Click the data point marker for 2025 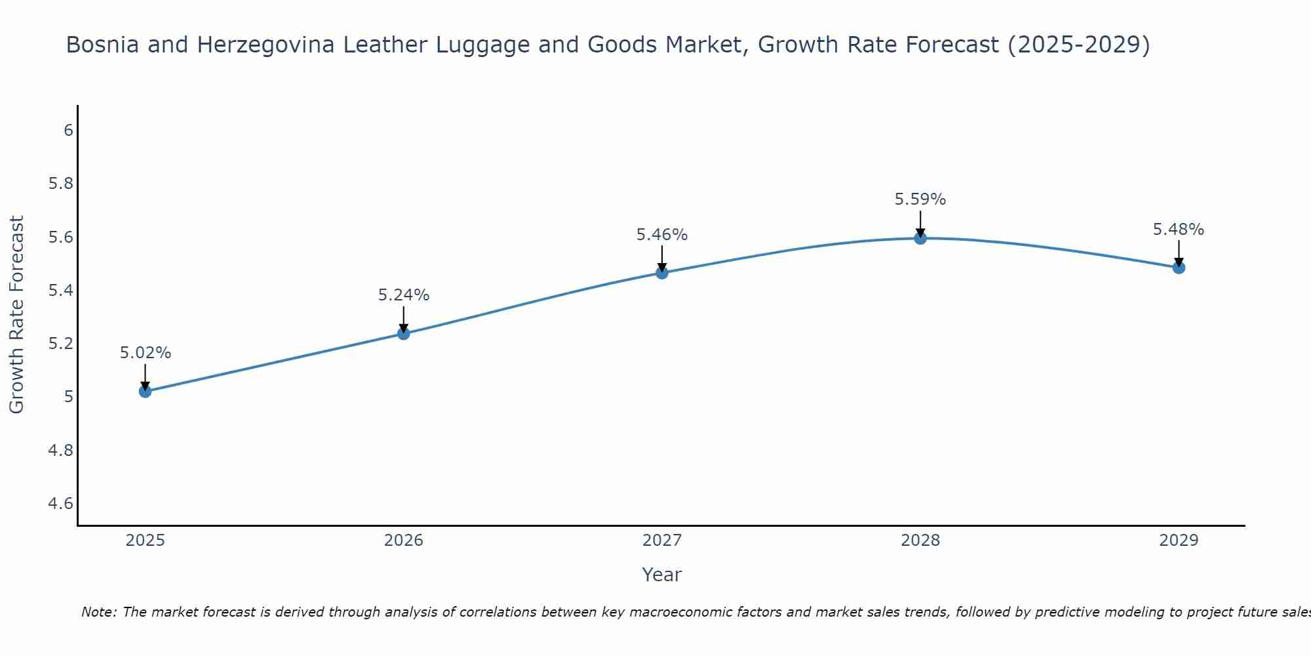click(145, 392)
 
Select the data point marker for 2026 click(404, 333)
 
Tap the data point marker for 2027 click(662, 272)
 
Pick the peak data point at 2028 click(920, 238)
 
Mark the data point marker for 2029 click(1179, 267)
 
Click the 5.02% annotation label click(145, 353)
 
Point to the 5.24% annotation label click(404, 295)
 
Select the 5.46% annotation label click(662, 235)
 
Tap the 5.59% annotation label click(920, 199)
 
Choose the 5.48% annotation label click(1179, 230)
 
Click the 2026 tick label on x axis click(404, 541)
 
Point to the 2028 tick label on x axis click(920, 541)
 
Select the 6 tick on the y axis click(68, 131)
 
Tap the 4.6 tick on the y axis click(60, 504)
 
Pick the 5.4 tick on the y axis click(60, 291)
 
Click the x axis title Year click(662, 575)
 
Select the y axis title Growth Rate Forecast click(16, 314)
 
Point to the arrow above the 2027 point click(662, 258)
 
